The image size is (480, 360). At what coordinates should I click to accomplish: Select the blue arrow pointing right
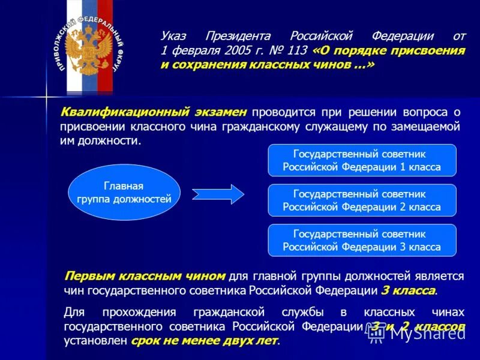pyautogui.click(x=218, y=194)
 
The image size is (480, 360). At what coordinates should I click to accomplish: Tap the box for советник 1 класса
pyautogui.click(x=361, y=161)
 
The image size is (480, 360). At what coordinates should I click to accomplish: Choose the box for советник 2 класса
pyautogui.click(x=361, y=200)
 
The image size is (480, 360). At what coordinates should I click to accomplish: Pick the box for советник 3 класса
pyautogui.click(x=361, y=241)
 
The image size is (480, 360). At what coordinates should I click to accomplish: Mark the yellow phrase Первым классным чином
pyautogui.click(x=145, y=276)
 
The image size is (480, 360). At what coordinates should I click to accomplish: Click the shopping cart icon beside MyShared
pyautogui.click(x=376, y=334)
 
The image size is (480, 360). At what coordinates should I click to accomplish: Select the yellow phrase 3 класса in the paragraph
pyautogui.click(x=408, y=291)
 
